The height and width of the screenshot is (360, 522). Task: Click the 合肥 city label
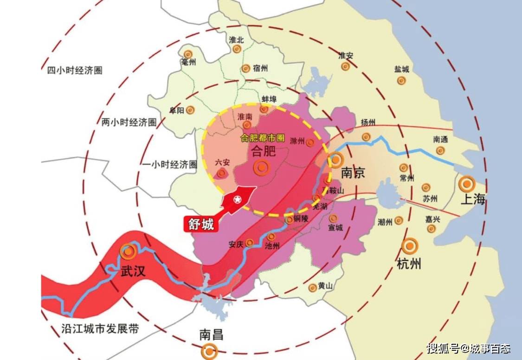[x=263, y=151]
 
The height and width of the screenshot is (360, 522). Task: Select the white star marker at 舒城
[x=237, y=200]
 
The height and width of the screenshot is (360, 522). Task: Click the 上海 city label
[x=473, y=200]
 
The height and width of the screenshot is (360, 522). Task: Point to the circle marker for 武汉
[x=128, y=251]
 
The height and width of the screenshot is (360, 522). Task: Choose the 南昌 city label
[x=211, y=334]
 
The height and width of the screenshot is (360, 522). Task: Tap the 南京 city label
[x=353, y=173]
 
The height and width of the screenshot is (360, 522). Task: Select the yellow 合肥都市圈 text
[x=262, y=138]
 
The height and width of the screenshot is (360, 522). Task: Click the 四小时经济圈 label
[x=75, y=71]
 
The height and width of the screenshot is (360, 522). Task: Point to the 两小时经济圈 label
[x=129, y=122]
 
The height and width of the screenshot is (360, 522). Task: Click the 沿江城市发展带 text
[x=100, y=329]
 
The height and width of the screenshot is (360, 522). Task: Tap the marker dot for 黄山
[x=313, y=288]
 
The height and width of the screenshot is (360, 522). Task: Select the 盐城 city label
[x=402, y=69]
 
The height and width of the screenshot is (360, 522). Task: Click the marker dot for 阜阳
[x=190, y=110]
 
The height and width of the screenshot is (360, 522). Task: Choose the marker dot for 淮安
[x=345, y=66]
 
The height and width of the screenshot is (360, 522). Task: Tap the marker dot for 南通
[x=440, y=150]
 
